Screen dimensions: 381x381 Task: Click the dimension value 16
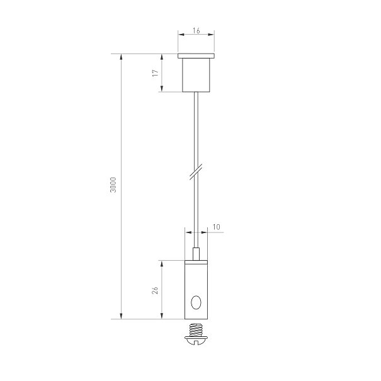196,31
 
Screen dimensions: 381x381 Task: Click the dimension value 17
156,73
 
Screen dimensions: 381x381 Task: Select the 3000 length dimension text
113,185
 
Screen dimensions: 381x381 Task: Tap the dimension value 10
216,227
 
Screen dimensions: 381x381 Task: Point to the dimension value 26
155,290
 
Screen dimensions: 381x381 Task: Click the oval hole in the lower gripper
196,302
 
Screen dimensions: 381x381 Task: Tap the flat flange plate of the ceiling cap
196,56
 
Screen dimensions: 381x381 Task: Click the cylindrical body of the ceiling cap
196,75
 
